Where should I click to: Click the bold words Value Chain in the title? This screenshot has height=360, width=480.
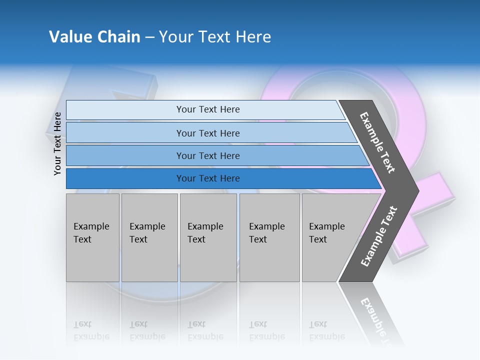pyautogui.click(x=94, y=37)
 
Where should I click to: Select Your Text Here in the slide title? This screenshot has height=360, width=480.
pyautogui.click(x=215, y=37)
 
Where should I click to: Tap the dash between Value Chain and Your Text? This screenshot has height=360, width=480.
pyautogui.click(x=149, y=37)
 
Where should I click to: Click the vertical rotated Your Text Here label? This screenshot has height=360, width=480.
pyautogui.click(x=57, y=143)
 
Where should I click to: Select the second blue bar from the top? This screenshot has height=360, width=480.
pyautogui.click(x=207, y=133)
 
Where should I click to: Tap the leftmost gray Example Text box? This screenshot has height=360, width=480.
pyautogui.click(x=92, y=237)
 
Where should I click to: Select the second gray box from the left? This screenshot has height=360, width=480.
pyautogui.click(x=149, y=237)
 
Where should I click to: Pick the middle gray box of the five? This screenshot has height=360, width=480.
pyautogui.click(x=208, y=237)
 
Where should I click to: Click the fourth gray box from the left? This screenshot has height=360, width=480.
pyautogui.click(x=269, y=237)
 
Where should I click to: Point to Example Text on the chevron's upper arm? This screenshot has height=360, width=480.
pyautogui.click(x=377, y=142)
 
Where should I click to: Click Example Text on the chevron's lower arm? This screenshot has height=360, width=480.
pyautogui.click(x=379, y=236)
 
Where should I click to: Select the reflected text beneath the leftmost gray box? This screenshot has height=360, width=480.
pyautogui.click(x=91, y=330)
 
